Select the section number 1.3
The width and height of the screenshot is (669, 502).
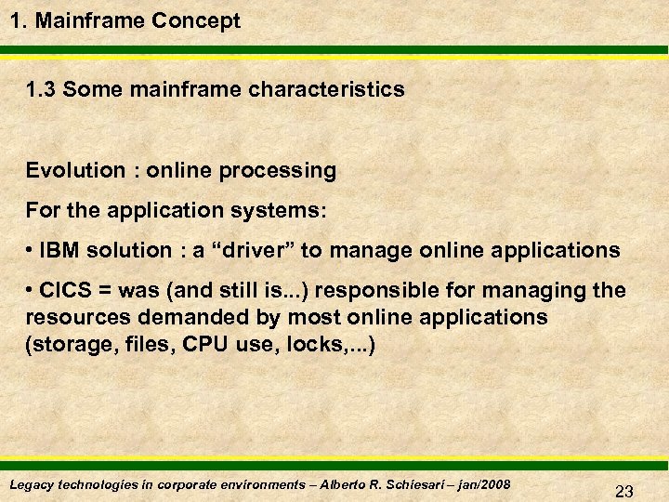coord(42,90)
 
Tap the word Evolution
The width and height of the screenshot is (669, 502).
coord(75,171)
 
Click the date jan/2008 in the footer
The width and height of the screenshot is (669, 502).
coord(485,485)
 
